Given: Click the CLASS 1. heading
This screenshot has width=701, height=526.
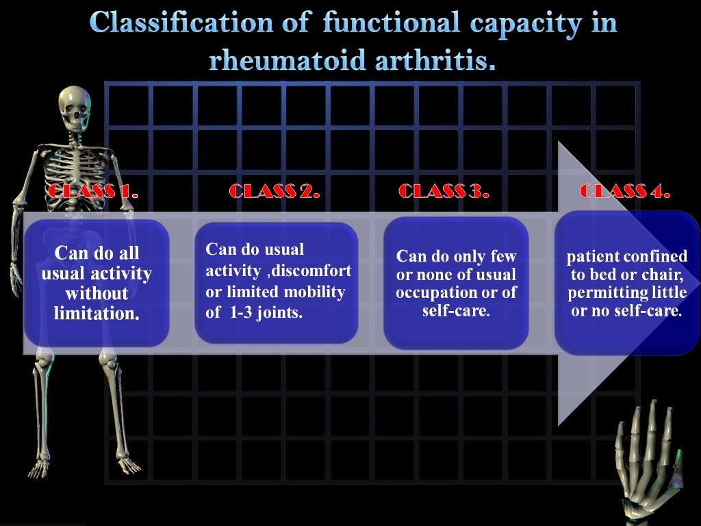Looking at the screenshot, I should [92, 191].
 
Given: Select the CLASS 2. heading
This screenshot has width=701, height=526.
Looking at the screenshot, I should [275, 191].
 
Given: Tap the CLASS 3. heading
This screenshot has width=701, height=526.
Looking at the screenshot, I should [444, 191].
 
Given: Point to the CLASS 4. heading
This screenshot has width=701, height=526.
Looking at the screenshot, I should [624, 191].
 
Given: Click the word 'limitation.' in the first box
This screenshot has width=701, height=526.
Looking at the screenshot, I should [96, 316].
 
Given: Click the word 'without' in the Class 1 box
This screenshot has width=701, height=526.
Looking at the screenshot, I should [96, 295].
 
